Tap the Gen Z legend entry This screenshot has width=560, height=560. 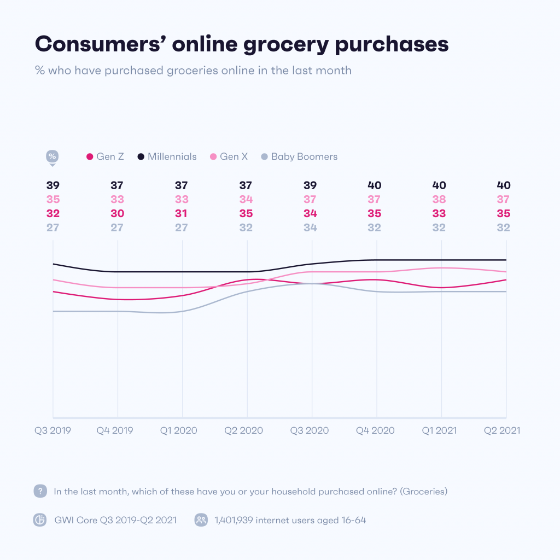[x=105, y=156]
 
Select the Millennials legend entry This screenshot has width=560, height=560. [x=167, y=156]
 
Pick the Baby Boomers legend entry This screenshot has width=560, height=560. [x=299, y=156]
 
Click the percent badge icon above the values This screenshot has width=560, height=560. [x=52, y=157]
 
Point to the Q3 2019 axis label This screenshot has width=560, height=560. [x=52, y=430]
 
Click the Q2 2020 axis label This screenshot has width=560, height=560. [x=244, y=430]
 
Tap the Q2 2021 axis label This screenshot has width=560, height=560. [x=501, y=430]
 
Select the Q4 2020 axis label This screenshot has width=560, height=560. [x=376, y=430]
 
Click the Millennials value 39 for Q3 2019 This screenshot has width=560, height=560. [x=52, y=185]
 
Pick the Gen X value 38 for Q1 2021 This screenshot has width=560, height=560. [x=439, y=200]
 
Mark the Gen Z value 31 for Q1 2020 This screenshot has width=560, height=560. [x=182, y=214]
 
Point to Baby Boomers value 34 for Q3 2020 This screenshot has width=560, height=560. [x=311, y=227]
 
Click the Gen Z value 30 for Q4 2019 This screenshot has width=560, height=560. [x=117, y=214]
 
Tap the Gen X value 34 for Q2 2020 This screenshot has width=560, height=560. [x=246, y=200]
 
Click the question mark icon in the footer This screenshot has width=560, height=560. [x=40, y=491]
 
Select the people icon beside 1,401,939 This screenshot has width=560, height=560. [x=201, y=520]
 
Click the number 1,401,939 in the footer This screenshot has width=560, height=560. [x=237, y=520]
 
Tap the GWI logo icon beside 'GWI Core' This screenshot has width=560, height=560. [x=40, y=520]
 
